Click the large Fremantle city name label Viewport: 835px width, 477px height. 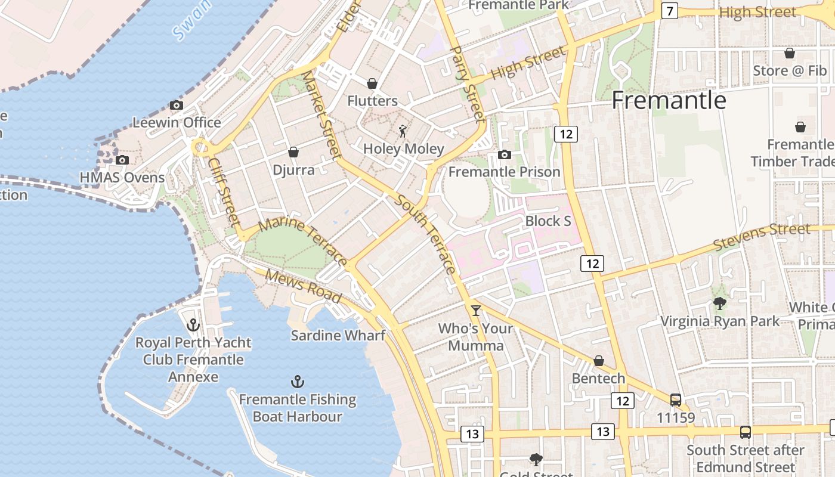coord(669,100)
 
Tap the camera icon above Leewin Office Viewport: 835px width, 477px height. coord(176,106)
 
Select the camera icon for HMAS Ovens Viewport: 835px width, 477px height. coord(122,160)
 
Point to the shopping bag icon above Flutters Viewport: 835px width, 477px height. coord(372,83)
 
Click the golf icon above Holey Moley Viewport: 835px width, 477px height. coord(403,131)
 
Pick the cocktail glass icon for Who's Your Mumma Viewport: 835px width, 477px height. coord(475,310)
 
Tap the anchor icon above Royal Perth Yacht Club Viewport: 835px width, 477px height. coord(193,325)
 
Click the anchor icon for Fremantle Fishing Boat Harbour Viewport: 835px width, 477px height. coord(297,382)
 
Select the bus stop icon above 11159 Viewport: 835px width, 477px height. coord(675,399)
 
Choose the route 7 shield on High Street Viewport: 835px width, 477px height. coord(669,11)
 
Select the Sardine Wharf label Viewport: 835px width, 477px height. coord(338,335)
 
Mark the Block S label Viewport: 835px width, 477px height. coord(548,221)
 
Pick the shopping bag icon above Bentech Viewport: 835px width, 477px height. coord(598,361)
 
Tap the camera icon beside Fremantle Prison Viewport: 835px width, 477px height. coord(504,155)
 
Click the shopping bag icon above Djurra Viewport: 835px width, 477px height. coord(293,153)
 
